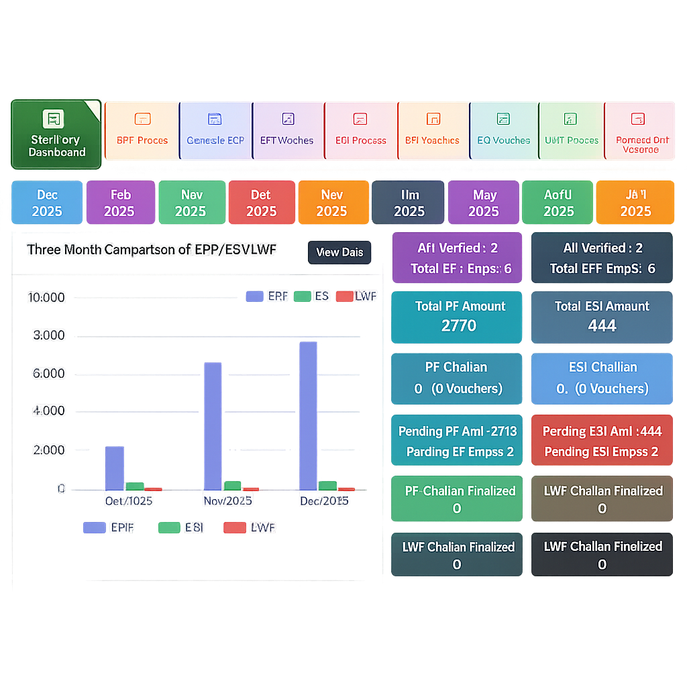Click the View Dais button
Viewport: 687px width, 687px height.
point(339,252)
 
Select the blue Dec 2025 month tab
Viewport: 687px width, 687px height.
point(47,203)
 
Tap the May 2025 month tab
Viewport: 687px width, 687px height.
point(484,203)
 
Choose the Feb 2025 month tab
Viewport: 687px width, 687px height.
point(121,203)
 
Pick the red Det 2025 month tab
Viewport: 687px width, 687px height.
point(261,203)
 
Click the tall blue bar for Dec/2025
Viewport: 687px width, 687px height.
point(308,416)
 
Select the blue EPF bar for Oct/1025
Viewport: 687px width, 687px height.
point(115,468)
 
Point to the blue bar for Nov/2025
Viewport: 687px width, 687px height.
point(213,427)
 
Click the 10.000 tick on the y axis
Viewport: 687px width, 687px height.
point(46,297)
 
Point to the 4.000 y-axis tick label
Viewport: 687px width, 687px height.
point(48,411)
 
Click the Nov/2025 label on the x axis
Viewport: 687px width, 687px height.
point(227,500)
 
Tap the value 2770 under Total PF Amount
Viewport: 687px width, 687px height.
point(459,326)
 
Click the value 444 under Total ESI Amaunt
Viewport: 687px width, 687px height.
point(602,326)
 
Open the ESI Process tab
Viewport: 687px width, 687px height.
point(361,130)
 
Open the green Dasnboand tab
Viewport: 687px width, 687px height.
point(56,134)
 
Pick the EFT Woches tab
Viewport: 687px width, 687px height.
point(287,130)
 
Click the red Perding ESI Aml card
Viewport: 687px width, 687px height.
point(601,441)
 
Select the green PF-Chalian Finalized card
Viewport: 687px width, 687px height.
point(457,498)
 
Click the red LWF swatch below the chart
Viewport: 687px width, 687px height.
point(234,527)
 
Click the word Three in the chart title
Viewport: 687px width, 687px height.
point(43,250)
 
